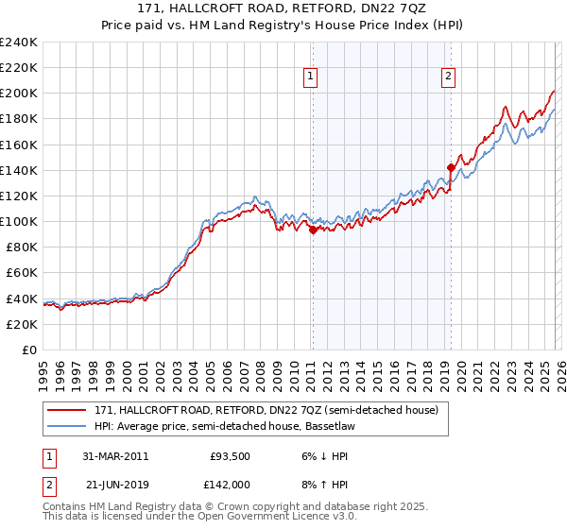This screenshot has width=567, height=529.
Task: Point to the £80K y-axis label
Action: (21, 247)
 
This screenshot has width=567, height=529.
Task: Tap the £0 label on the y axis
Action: (31, 350)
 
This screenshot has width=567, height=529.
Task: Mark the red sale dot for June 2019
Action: (451, 167)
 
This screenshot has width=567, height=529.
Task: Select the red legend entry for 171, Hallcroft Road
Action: (266, 411)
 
